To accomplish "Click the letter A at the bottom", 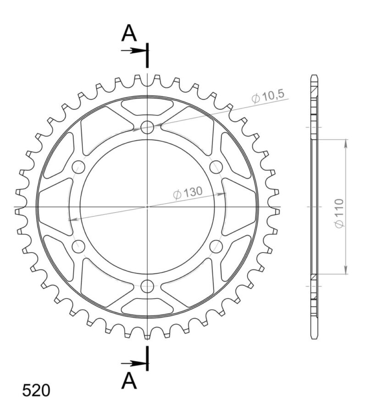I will click(x=130, y=381).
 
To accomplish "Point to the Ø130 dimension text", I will click(x=188, y=194).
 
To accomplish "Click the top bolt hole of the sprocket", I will click(x=147, y=127).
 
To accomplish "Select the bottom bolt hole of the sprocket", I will click(x=147, y=287).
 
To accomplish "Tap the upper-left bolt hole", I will click(x=78, y=167).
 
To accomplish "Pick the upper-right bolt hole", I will click(x=216, y=167).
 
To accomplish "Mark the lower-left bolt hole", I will click(x=78, y=247).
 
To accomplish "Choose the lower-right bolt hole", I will click(x=216, y=247).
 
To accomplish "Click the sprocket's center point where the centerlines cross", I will click(x=147, y=207).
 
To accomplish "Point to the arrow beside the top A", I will click(x=133, y=50).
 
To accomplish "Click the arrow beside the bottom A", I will click(x=133, y=363).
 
